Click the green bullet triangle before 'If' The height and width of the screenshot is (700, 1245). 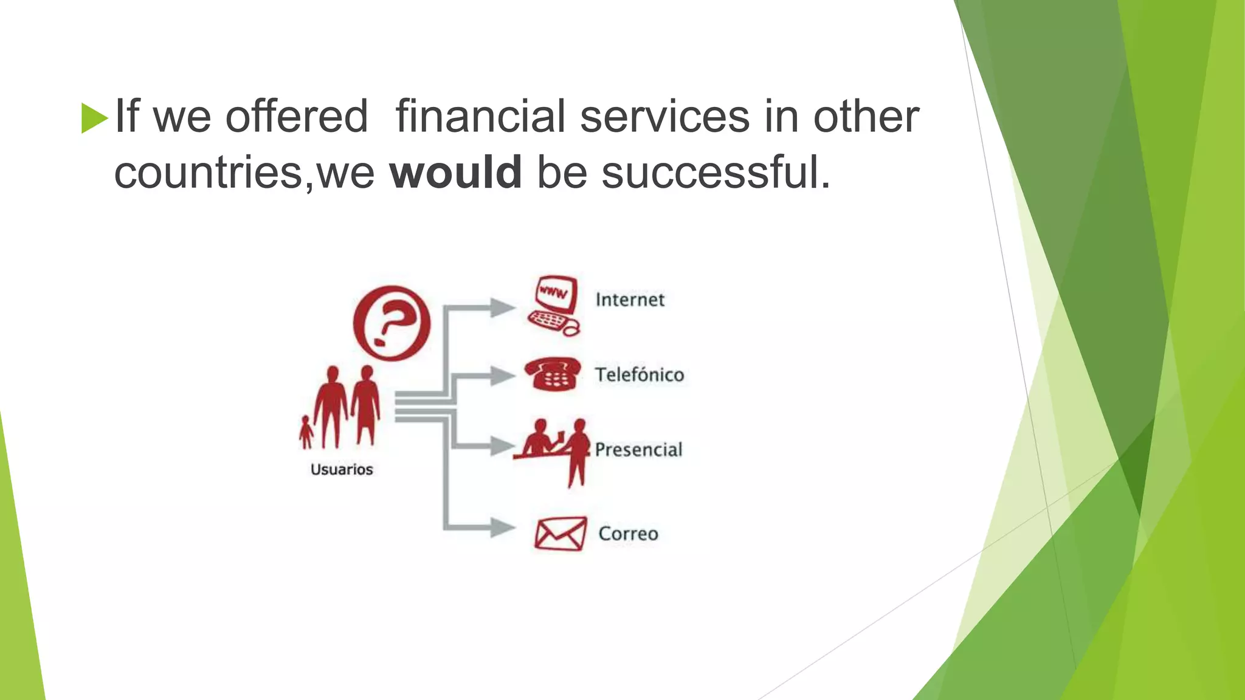coord(94,118)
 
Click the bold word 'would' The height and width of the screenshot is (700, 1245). coord(455,172)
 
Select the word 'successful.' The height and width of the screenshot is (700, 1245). coord(716,172)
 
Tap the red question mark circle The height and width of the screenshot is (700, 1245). coord(391,323)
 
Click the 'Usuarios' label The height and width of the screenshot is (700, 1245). coord(342,469)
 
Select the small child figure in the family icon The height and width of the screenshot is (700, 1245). coord(306,431)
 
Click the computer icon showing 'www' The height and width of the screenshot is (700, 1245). coord(553,306)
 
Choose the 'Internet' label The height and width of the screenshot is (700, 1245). coord(630,300)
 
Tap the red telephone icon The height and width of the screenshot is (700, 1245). coord(552,374)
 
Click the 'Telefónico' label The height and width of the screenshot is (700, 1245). coord(639,374)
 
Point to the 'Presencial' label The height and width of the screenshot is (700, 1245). coord(638,450)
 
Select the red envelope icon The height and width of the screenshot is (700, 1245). coord(560,534)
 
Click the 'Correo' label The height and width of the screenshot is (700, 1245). coord(628,534)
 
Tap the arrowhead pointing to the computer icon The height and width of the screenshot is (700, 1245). coord(502,307)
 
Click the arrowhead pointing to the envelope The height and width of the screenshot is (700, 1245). coord(502,527)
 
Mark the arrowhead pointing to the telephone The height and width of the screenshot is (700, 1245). coord(502,376)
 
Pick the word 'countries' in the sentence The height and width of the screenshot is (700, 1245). coord(208,172)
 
